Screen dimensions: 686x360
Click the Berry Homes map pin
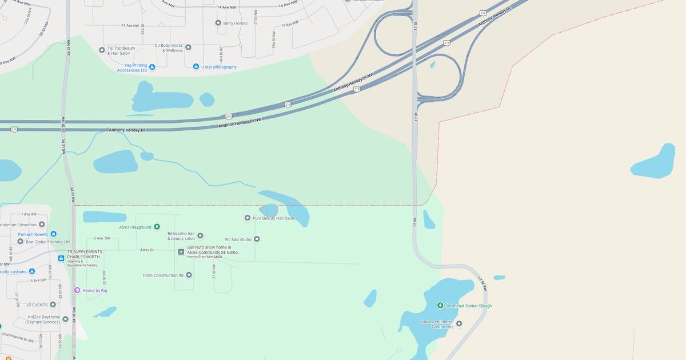[x=218, y=23]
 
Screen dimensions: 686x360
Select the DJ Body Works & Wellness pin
[x=188, y=47]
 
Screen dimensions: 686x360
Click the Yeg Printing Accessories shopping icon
[x=152, y=67]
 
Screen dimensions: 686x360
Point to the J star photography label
[x=218, y=67]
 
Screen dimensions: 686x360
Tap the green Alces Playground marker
[x=157, y=227]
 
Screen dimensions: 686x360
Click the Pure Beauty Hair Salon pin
[x=248, y=218]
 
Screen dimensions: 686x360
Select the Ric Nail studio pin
[x=257, y=239]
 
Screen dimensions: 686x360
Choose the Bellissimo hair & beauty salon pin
[x=200, y=235]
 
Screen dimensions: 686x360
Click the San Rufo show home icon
[x=181, y=251]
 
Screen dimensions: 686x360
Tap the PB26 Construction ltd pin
[x=189, y=275]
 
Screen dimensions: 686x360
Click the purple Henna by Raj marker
[x=77, y=290]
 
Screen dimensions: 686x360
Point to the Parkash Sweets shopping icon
[x=53, y=234]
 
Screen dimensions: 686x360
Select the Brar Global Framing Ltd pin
[x=20, y=241]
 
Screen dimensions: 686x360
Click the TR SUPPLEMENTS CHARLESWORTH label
[x=85, y=252]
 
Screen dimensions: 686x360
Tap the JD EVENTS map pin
[x=53, y=305]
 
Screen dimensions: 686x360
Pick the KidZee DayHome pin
[x=65, y=319]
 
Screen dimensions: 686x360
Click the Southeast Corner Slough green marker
[x=440, y=306]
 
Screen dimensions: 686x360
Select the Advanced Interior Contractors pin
[x=458, y=323]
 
